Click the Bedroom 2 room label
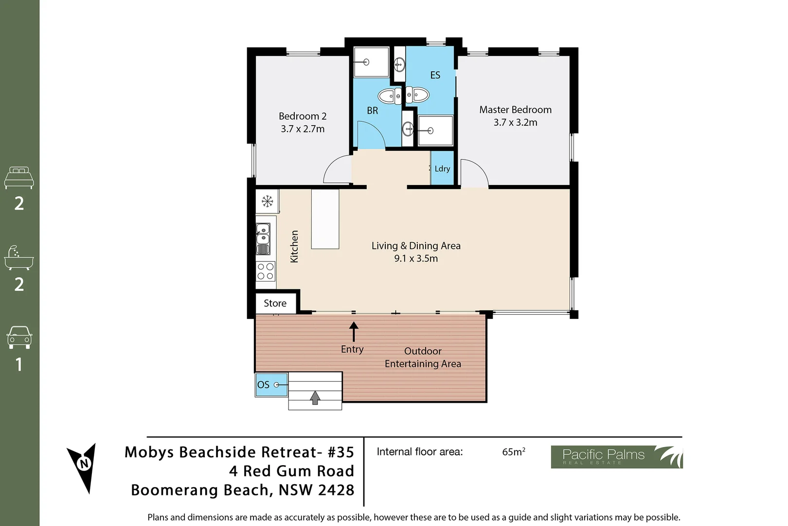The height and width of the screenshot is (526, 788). tap(302, 116)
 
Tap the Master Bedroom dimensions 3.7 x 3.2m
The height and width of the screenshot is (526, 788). tap(515, 123)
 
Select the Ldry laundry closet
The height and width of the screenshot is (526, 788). tap(442, 169)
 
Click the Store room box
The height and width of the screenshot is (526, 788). tap(275, 303)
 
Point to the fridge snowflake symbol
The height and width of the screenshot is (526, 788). tap(267, 201)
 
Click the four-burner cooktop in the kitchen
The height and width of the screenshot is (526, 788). tap(266, 271)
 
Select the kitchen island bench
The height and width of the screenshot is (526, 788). tap(325, 219)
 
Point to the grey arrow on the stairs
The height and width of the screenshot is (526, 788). tap(315, 397)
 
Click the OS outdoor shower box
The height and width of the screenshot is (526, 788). tap(271, 384)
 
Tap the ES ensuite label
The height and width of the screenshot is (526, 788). tap(435, 75)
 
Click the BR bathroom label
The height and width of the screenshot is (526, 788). tap(372, 111)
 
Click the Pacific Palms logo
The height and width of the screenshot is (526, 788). tap(616, 457)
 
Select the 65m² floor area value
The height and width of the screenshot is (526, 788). tap(513, 452)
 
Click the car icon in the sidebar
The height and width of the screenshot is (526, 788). tap(19, 337)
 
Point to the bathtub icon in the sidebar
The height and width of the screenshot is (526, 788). tap(19, 258)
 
